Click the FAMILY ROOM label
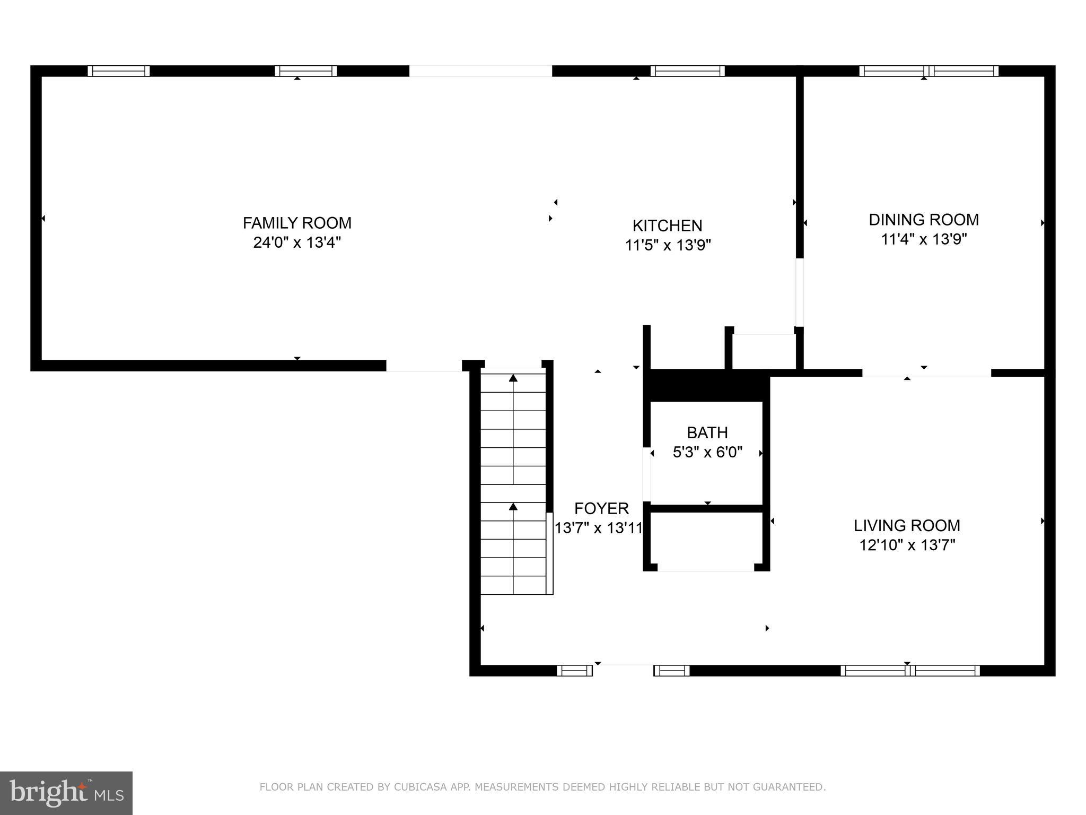pyautogui.click(x=297, y=223)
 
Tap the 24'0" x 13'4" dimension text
pyautogui.click(x=297, y=242)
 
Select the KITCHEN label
pyautogui.click(x=667, y=226)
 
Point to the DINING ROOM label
pyautogui.click(x=924, y=220)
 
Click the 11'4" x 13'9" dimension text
pyautogui.click(x=924, y=239)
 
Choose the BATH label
pyautogui.click(x=707, y=433)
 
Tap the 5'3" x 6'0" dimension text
pyautogui.click(x=707, y=452)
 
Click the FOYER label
pyautogui.click(x=601, y=508)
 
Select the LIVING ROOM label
pyautogui.click(x=907, y=525)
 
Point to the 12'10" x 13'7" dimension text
pyautogui.click(x=907, y=545)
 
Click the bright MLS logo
pyautogui.click(x=66, y=793)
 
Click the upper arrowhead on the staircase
pyautogui.click(x=513, y=378)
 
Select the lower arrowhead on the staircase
pyautogui.click(x=513, y=507)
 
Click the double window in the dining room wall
pyautogui.click(x=929, y=71)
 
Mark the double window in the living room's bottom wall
pyautogui.click(x=910, y=671)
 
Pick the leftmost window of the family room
pyautogui.click(x=119, y=71)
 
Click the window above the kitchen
pyautogui.click(x=687, y=71)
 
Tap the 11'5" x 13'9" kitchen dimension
pyautogui.click(x=667, y=245)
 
